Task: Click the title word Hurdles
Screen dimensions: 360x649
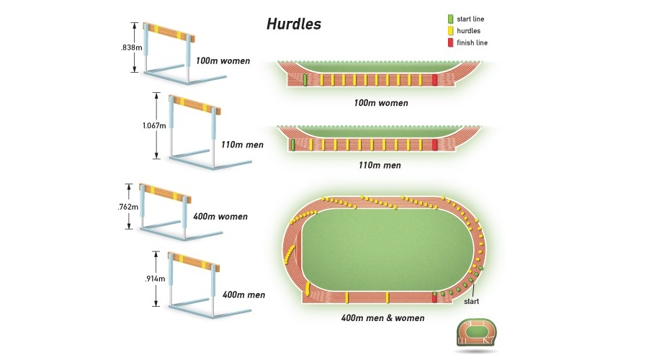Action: pyautogui.click(x=294, y=24)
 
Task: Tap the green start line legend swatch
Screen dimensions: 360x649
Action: pyautogui.click(x=450, y=19)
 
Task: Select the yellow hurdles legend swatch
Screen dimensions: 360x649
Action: pyautogui.click(x=450, y=31)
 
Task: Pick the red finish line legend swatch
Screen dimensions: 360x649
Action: pyautogui.click(x=450, y=43)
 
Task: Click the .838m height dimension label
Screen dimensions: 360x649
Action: pyautogui.click(x=130, y=47)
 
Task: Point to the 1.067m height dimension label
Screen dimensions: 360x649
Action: pyautogui.click(x=154, y=126)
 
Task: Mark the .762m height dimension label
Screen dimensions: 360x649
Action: pyautogui.click(x=128, y=207)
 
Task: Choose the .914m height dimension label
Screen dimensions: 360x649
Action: pyautogui.click(x=155, y=279)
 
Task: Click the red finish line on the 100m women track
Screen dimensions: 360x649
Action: pyautogui.click(x=434, y=80)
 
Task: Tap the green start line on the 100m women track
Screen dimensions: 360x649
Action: pyautogui.click(x=305, y=80)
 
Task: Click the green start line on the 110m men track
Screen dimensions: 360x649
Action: pyautogui.click(x=293, y=145)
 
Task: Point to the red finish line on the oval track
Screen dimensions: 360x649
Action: pyautogui.click(x=434, y=297)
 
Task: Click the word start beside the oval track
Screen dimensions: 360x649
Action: pyautogui.click(x=470, y=302)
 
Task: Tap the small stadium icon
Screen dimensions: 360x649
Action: pyautogui.click(x=477, y=333)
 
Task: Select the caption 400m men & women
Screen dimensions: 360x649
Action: pyautogui.click(x=382, y=318)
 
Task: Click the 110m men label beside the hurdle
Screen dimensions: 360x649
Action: pyautogui.click(x=243, y=145)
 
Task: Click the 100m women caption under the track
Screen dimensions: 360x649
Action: pyautogui.click(x=380, y=103)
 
